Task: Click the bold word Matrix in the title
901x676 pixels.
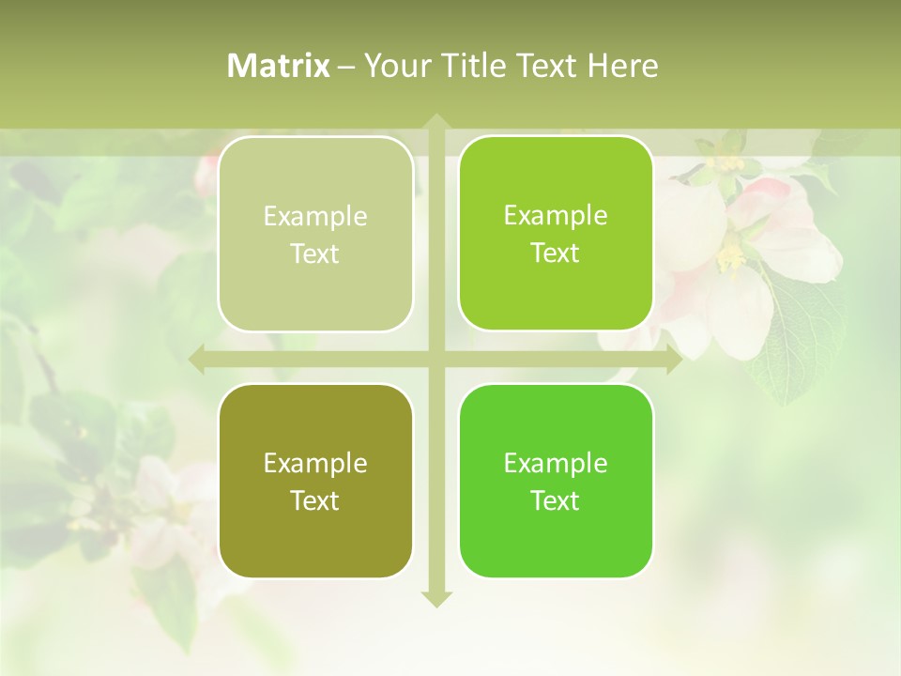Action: tap(279, 66)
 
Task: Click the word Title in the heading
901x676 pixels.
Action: tap(473, 66)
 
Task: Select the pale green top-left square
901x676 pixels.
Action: tap(315, 234)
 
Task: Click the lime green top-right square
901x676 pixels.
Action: tap(556, 233)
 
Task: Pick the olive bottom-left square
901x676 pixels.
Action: tap(315, 481)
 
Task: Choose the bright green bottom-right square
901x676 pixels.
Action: tap(556, 481)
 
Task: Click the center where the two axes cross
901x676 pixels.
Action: tap(435, 360)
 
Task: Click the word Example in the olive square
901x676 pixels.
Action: tap(315, 463)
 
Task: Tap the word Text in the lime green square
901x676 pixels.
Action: tap(556, 253)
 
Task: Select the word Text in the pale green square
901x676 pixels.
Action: tap(315, 253)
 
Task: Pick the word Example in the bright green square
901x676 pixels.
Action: tap(556, 463)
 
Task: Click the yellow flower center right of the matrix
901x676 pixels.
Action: tap(730, 253)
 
